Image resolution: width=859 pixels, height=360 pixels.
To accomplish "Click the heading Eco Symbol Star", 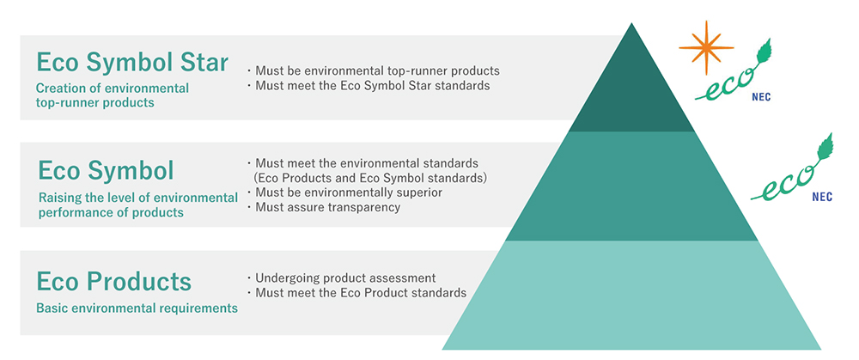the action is click(x=132, y=63).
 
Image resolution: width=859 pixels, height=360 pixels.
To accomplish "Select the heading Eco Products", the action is click(x=114, y=282).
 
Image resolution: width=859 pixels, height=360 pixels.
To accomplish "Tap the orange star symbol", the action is click(x=705, y=47).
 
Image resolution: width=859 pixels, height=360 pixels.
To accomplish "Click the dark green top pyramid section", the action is click(x=631, y=93).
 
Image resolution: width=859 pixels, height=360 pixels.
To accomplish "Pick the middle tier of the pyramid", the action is click(x=631, y=186).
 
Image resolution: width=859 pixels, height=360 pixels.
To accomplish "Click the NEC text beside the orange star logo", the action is click(x=762, y=99).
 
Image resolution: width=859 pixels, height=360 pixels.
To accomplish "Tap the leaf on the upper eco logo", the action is click(x=764, y=51).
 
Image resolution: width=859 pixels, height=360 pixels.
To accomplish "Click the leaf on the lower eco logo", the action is click(x=825, y=146).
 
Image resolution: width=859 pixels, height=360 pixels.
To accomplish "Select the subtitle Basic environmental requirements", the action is click(x=137, y=308).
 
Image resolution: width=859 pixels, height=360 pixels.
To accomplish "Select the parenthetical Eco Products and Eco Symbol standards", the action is click(x=369, y=178).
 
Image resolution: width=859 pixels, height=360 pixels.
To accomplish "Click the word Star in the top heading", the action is click(x=204, y=63).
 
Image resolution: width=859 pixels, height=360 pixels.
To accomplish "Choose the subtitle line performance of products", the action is click(x=111, y=212).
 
